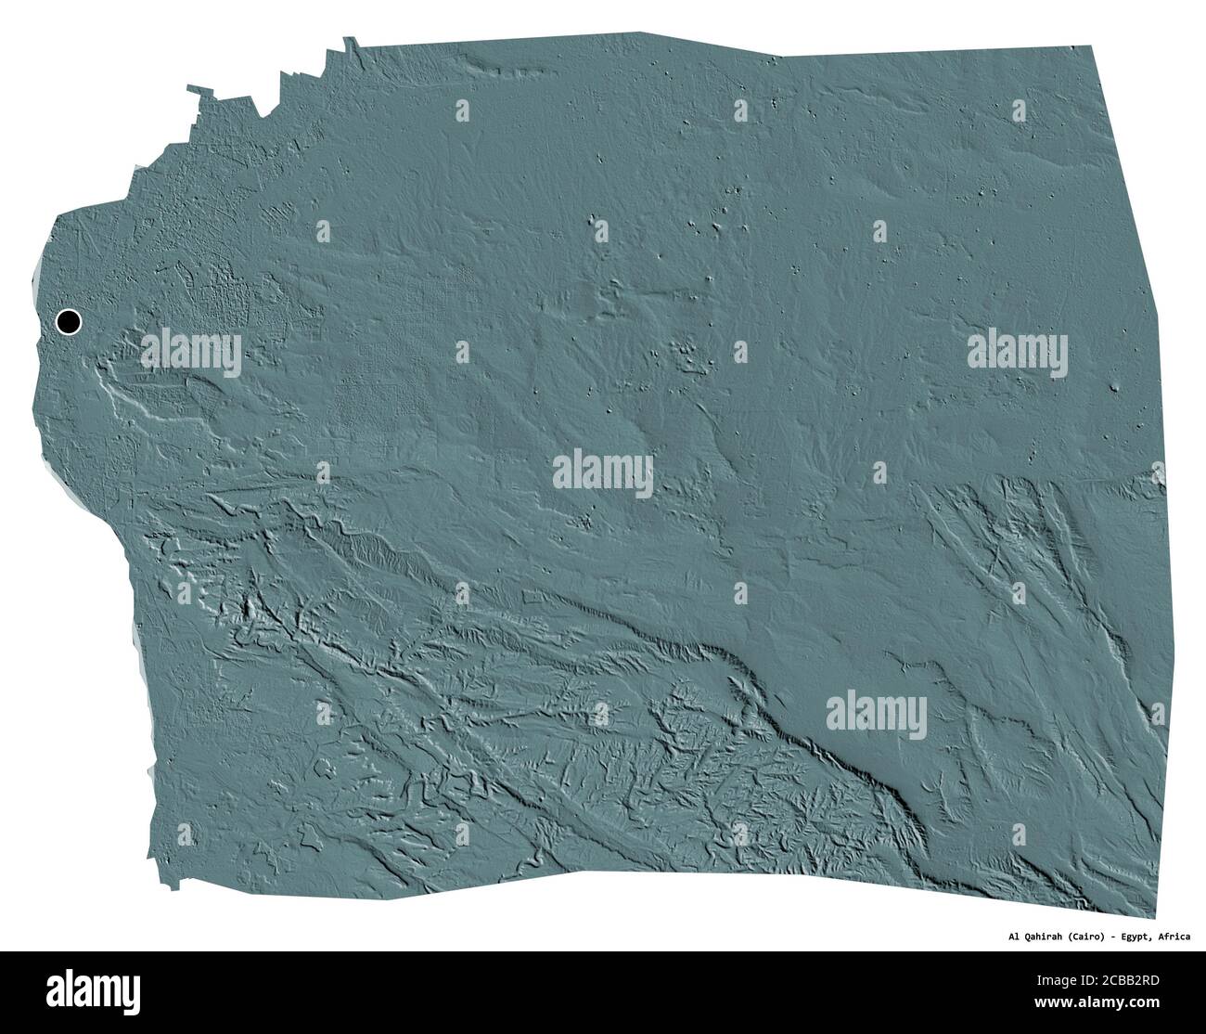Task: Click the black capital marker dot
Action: coord(69,322)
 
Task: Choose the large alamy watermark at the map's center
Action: coord(603,474)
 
